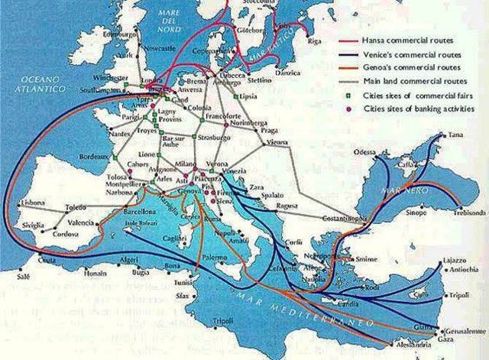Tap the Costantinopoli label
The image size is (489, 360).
pyautogui.click(x=325, y=219)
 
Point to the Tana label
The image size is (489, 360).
pyautogui.click(x=456, y=135)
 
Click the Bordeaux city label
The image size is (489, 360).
pyautogui.click(x=94, y=156)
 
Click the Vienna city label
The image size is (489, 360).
pyautogui.click(x=277, y=142)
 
